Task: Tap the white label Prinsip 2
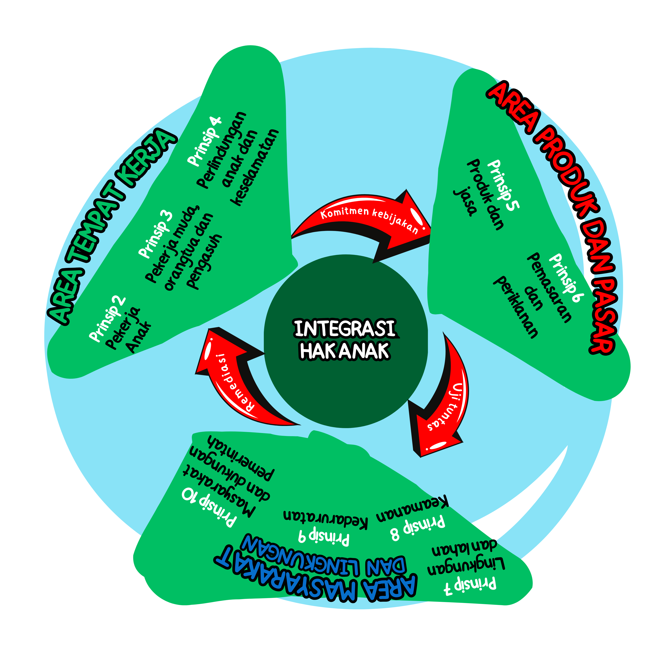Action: [107, 319]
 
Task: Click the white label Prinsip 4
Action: [204, 141]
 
